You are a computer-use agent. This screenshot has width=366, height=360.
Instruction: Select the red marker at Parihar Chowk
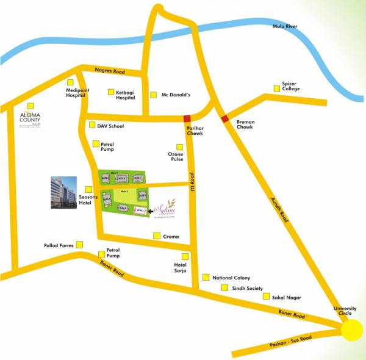coord(187,118)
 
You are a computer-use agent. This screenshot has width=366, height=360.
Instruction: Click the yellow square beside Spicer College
coord(278,88)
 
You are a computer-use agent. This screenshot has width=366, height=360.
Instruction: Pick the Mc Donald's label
coord(176,95)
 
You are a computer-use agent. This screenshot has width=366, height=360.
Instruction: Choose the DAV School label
coord(110,126)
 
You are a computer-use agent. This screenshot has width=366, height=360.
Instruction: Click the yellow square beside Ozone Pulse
coord(179,146)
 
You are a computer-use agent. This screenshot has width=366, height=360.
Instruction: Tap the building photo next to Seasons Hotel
coord(64,193)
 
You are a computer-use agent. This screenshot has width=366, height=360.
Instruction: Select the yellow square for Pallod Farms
coord(79,245)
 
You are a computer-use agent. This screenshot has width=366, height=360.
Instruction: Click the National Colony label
coord(231,278)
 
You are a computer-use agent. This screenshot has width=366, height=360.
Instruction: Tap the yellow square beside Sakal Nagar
coord(266,296)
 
